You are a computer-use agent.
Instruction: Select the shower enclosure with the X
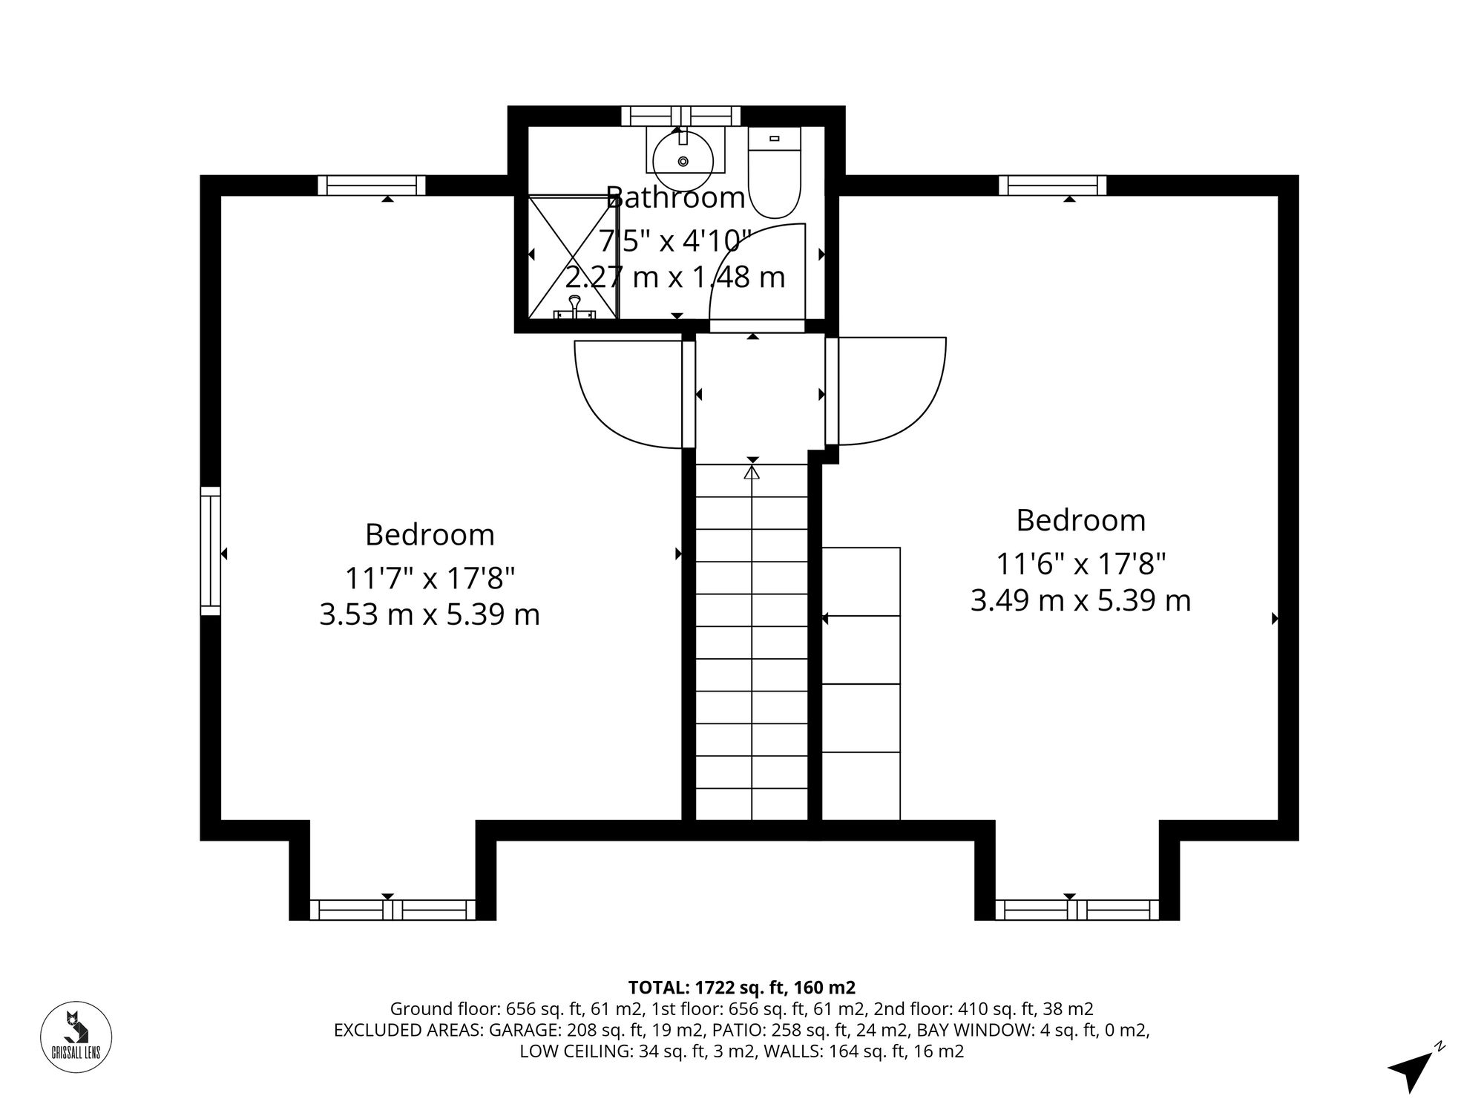coord(572,256)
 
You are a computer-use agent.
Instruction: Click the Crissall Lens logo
coord(75,1037)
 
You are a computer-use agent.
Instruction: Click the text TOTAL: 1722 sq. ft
coord(741,988)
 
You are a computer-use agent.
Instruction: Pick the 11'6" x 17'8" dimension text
coord(1080,564)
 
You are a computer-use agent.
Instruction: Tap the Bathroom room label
coord(675,198)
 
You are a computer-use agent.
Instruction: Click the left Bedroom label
coord(430,535)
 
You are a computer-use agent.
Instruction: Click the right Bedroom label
coord(1080,520)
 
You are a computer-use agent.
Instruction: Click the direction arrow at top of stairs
coord(752,472)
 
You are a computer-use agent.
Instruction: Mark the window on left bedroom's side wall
coord(211,551)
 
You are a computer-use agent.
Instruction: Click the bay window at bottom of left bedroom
coord(393,909)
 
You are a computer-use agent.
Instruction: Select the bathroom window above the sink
coord(680,116)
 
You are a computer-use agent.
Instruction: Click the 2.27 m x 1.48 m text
coord(675,278)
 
